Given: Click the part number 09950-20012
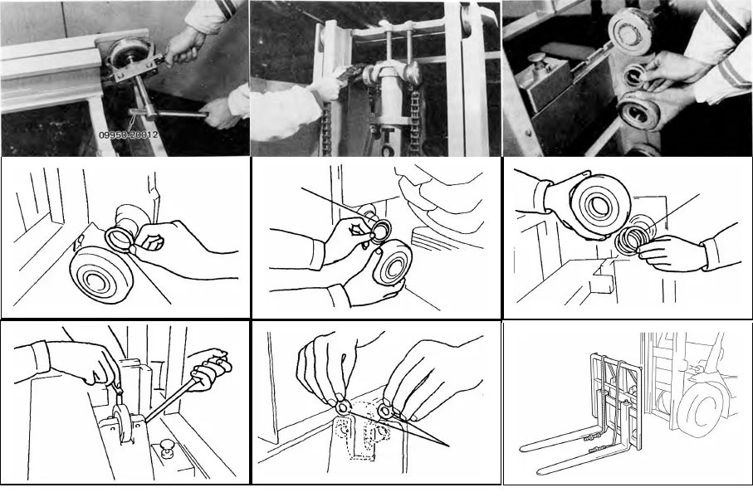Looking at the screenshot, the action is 128,135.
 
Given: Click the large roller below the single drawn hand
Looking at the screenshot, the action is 100,274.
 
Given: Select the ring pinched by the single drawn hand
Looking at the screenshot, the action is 120,238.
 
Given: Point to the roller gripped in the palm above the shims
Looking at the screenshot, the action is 599,203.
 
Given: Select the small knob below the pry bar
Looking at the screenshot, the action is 168,448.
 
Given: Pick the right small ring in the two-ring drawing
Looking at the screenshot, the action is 385,411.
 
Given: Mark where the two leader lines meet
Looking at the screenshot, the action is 449,446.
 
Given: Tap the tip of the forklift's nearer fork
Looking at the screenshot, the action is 539,472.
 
